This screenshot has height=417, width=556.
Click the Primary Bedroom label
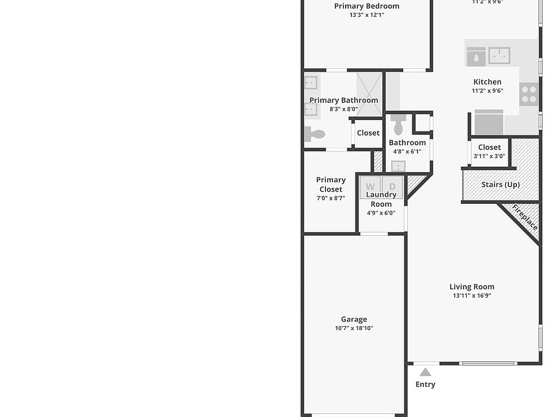tap(367, 6)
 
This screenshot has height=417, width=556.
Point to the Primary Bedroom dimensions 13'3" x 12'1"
tap(367, 15)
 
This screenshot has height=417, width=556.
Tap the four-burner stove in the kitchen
tap(528, 94)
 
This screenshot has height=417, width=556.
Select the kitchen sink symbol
tap(499, 56)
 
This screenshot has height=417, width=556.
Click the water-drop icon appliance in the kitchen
tap(475, 57)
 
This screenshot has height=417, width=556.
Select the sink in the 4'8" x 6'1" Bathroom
tap(398, 167)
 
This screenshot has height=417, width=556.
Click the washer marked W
tap(370, 186)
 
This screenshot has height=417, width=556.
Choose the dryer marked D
tap(392, 186)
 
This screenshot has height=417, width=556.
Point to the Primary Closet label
tap(331, 184)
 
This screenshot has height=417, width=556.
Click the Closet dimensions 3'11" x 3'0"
tap(489, 156)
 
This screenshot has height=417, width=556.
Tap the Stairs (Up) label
tap(500, 185)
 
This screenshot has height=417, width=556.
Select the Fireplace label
tap(525, 217)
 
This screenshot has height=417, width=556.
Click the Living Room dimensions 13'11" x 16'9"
tap(471, 296)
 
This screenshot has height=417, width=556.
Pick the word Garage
tap(354, 319)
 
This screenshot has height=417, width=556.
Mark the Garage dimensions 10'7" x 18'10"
tap(354, 328)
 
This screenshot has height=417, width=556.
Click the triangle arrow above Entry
tap(425, 372)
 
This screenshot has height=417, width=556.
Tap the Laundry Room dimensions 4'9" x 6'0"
tap(381, 213)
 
